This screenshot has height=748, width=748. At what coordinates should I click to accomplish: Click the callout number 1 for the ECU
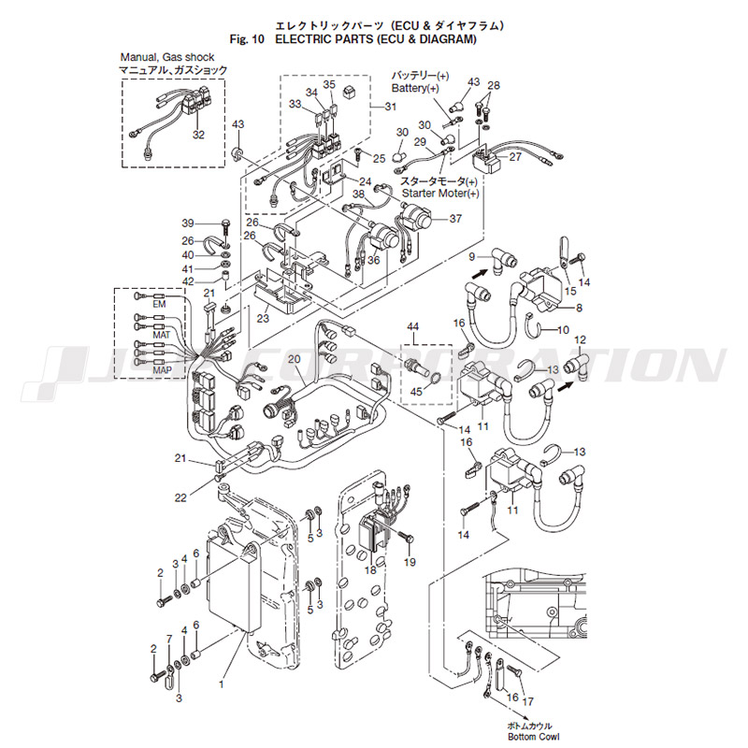click(x=222, y=683)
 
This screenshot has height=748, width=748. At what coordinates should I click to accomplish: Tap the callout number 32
click(x=198, y=135)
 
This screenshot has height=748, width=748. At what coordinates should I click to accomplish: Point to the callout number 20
click(x=294, y=359)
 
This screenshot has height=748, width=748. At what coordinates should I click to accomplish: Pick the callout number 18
click(x=370, y=569)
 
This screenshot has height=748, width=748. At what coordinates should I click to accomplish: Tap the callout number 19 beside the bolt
click(x=409, y=562)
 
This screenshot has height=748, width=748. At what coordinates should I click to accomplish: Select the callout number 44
click(x=412, y=326)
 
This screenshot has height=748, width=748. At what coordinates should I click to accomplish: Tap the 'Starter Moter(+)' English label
click(x=439, y=193)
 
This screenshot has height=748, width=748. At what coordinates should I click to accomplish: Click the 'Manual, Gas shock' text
click(x=167, y=58)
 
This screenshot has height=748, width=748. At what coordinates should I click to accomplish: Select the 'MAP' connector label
click(x=162, y=370)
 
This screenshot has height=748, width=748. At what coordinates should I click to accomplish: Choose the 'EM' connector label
click(x=158, y=305)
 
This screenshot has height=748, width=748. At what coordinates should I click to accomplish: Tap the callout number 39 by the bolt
click(x=188, y=223)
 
